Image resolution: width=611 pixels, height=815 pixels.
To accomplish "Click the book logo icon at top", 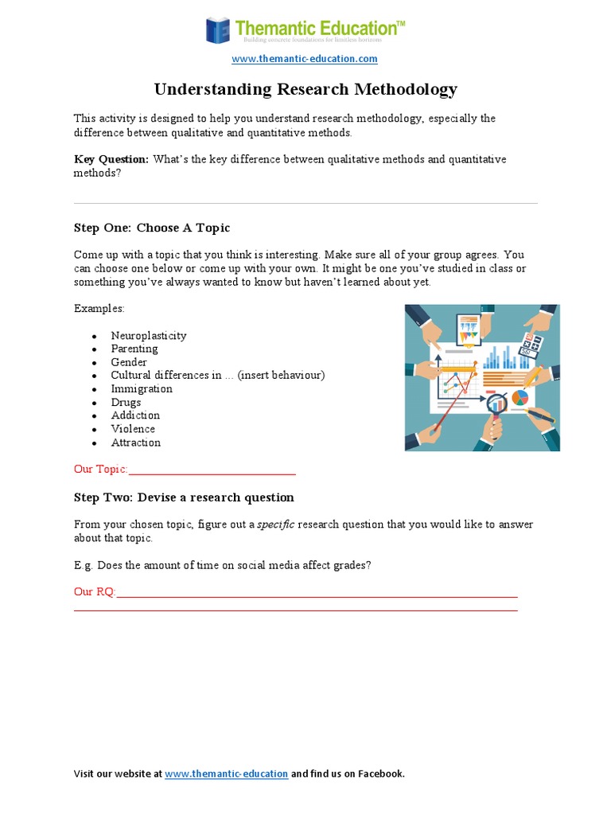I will (217, 30).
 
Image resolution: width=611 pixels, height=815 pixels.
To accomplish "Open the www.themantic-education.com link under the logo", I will (305, 59).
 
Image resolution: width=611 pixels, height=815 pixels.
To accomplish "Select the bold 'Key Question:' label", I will (111, 159).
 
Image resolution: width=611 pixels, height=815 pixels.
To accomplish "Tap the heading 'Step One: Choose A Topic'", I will (152, 228).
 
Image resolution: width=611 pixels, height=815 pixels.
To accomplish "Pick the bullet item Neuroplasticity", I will (149, 335).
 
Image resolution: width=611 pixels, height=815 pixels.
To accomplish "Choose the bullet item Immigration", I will (142, 388).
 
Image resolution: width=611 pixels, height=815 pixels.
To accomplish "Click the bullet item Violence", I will (133, 429).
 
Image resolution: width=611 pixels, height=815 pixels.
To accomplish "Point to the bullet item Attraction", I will (136, 443).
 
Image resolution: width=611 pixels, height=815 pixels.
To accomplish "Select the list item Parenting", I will (134, 349).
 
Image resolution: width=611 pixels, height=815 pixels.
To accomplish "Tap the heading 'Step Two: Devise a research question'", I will (184, 497).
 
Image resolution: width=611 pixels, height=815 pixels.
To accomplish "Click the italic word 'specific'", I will (276, 524).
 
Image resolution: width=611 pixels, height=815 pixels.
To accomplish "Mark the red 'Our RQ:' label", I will (95, 592).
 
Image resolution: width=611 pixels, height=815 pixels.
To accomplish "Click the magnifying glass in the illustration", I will (496, 402).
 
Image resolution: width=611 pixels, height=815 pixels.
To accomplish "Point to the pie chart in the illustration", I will (520, 397).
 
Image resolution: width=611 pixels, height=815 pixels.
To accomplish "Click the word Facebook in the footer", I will (380, 774).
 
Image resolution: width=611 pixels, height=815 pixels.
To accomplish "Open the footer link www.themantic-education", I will (227, 774).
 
